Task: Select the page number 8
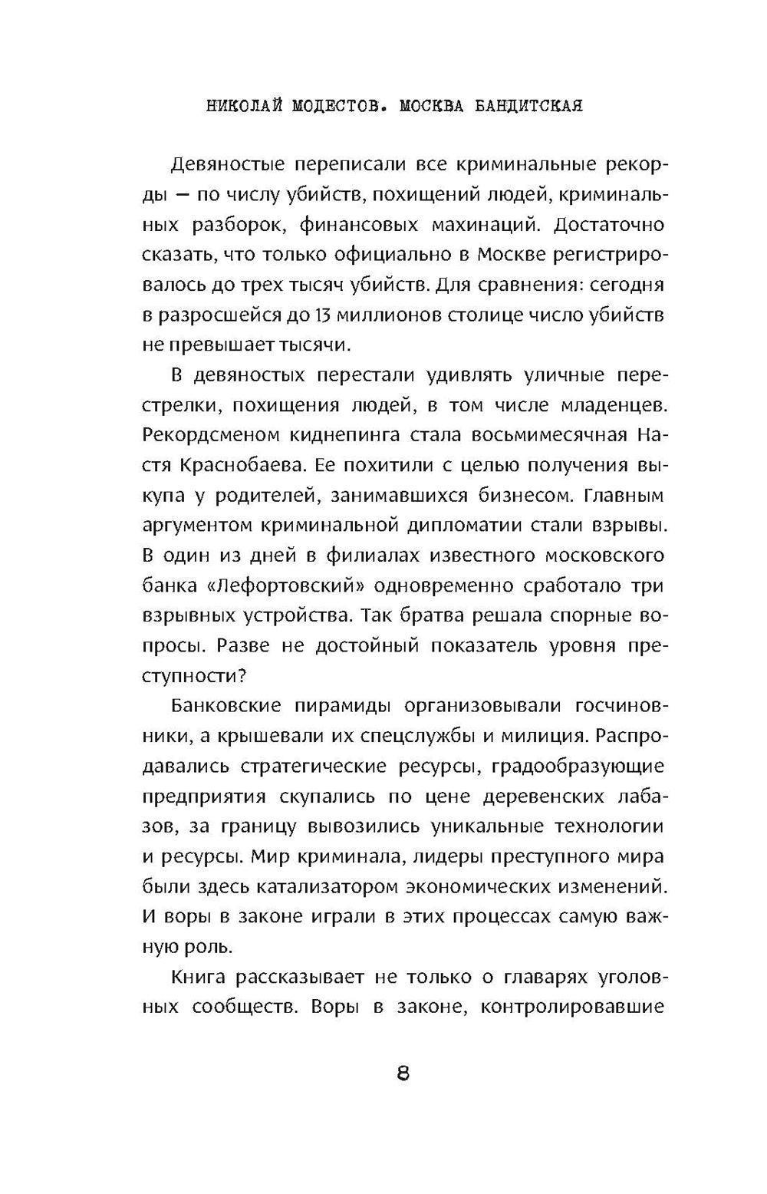(x=403, y=1074)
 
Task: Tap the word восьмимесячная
(x=540, y=435)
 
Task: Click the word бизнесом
(x=512, y=495)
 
